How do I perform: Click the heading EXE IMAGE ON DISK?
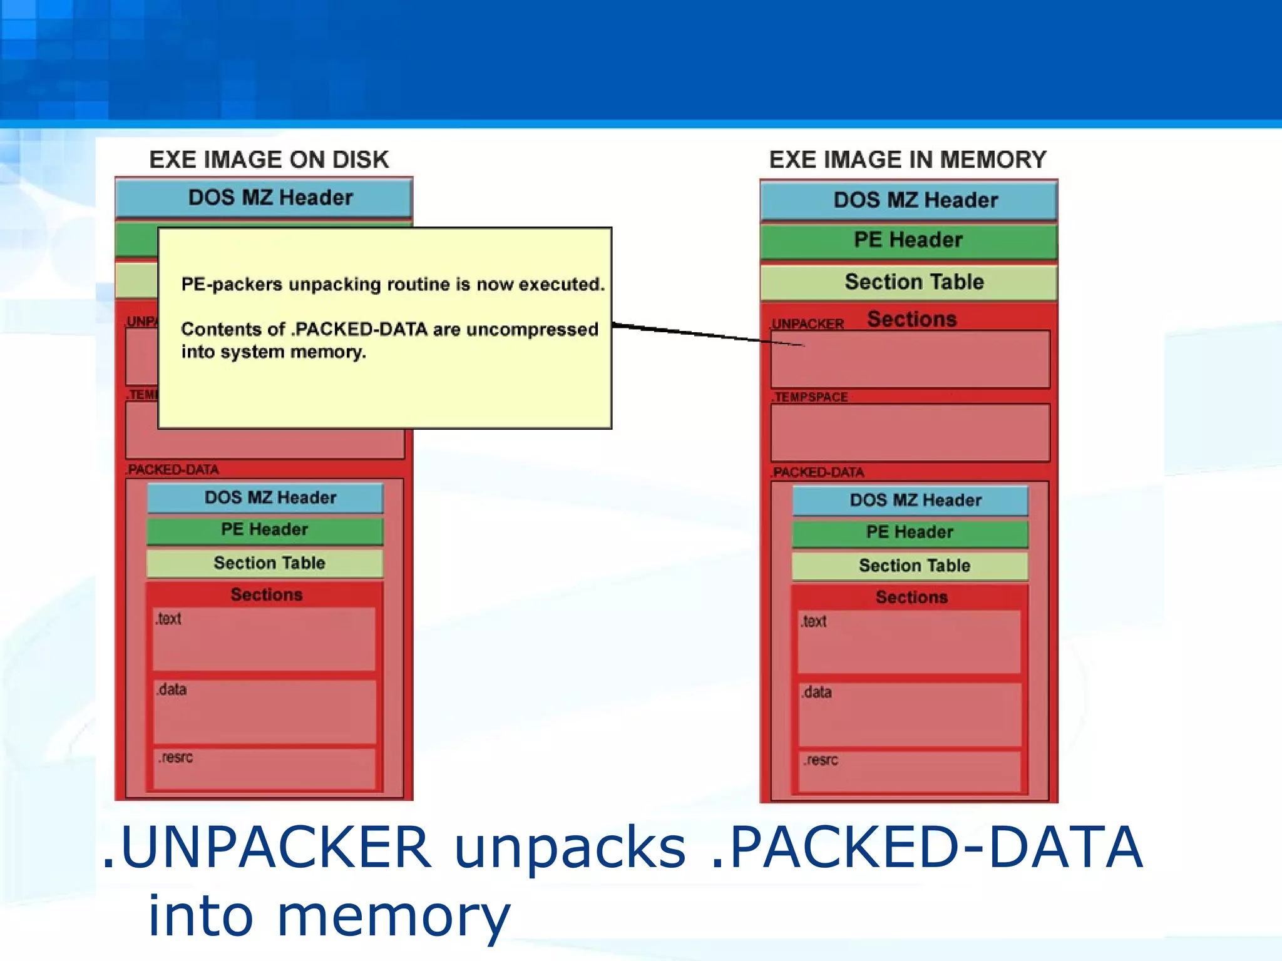coord(269,160)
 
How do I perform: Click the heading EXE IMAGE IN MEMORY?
coord(907,160)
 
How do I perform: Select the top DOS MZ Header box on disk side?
coord(264,198)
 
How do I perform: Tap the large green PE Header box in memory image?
coord(908,240)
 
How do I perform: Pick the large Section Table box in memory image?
coord(908,282)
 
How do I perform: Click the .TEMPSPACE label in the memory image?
coord(810,397)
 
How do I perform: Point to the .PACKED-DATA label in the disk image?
coord(172,470)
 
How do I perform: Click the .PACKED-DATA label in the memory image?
coord(818,472)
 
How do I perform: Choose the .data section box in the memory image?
coord(910,714)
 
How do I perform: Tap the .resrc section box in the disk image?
coord(264,768)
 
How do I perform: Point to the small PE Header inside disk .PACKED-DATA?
coord(265,530)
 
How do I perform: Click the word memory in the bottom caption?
coord(392,917)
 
